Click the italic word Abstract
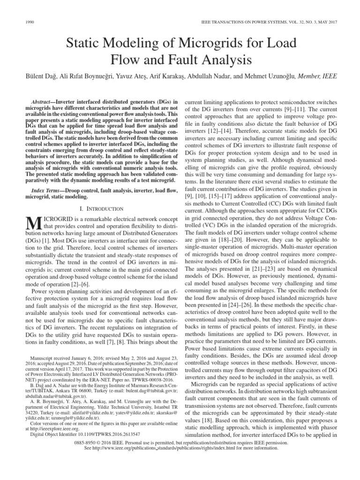click(42, 102)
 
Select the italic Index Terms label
click(45, 191)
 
